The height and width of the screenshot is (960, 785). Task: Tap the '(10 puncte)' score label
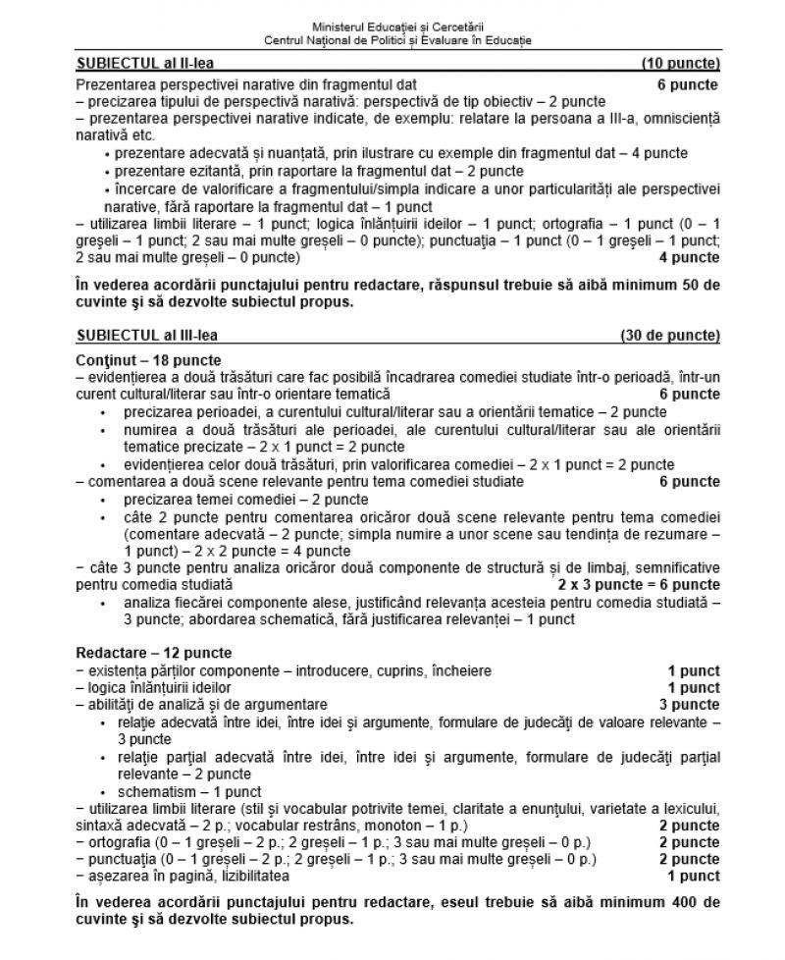point(680,64)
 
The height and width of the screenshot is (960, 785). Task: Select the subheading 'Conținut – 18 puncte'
point(148,360)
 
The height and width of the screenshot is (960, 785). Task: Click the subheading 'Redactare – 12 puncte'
point(154,653)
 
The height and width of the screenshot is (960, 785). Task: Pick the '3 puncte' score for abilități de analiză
point(688,704)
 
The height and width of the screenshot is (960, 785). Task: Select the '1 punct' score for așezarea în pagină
point(693,876)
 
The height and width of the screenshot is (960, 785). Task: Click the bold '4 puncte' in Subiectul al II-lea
point(688,258)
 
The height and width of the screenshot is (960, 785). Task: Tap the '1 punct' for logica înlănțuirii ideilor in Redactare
point(693,687)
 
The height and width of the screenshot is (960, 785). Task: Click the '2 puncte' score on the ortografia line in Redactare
point(688,842)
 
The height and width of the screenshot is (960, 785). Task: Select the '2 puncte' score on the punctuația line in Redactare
point(688,859)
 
